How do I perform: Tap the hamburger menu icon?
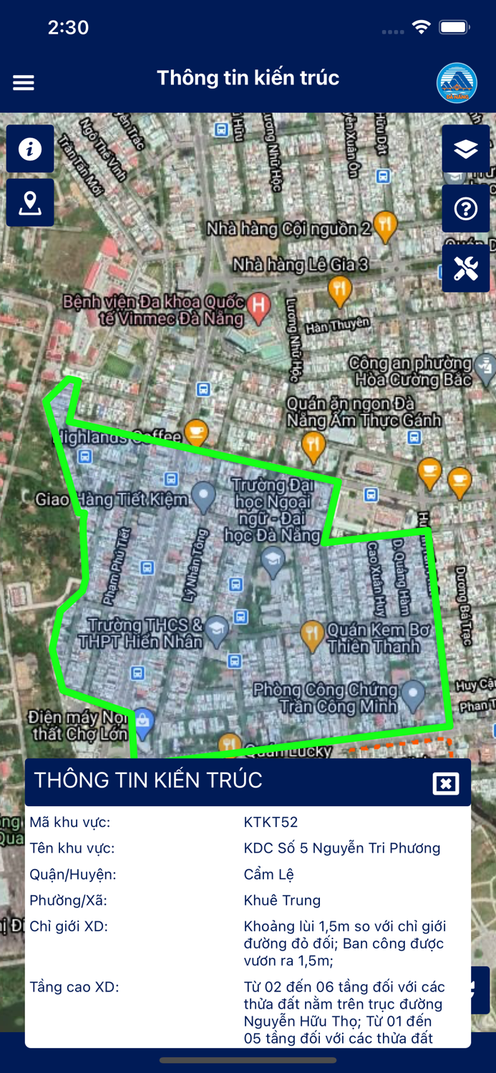pos(24,83)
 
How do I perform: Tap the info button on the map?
pos(30,149)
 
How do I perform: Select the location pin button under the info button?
pos(30,203)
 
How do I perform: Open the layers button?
pos(466,149)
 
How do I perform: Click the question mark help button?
pos(466,209)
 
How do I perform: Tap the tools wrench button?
pos(466,269)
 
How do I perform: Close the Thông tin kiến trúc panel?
pos(446,783)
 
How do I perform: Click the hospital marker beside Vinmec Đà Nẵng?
pos(258,305)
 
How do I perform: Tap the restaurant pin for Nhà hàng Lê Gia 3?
pos(339,290)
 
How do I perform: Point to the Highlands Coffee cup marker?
pos(195,431)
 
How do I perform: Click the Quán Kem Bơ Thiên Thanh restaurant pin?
pos(311,635)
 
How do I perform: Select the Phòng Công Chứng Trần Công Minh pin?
pos(413,693)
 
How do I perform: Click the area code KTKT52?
pos(271,823)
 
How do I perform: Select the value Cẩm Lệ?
pos(268,874)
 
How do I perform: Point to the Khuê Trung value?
pos(282,900)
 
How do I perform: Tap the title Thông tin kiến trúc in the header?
pos(248,77)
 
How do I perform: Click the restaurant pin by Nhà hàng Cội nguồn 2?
pos(386,225)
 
